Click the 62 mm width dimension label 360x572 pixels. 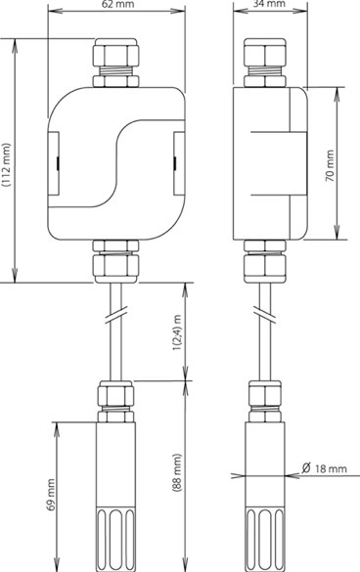click(116, 4)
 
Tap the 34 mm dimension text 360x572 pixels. click(269, 4)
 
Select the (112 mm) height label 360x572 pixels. click(6, 165)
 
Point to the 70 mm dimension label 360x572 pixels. click(330, 165)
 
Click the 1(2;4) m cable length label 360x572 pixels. click(178, 332)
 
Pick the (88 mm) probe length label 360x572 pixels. click(177, 473)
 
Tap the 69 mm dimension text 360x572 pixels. click(51, 495)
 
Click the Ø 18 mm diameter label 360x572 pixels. click(324, 468)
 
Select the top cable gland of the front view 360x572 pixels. click(115, 63)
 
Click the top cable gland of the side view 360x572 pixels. click(265, 63)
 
